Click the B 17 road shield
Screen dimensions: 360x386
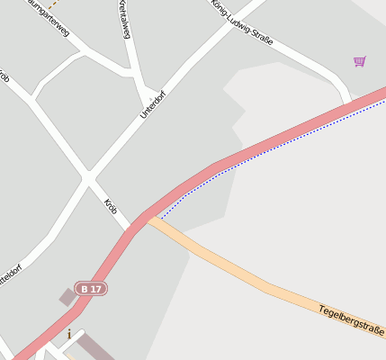tap(92, 288)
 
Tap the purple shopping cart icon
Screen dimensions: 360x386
tap(360, 61)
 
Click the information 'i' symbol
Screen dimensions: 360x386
tap(68, 335)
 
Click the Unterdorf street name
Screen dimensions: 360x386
tap(153, 104)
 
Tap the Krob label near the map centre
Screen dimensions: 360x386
tap(111, 206)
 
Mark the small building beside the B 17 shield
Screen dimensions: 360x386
tap(67, 296)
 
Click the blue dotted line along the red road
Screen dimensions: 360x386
tap(270, 148)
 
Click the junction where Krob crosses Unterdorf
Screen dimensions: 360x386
tap(87, 176)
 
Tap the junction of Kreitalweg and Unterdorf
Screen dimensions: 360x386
tap(148, 94)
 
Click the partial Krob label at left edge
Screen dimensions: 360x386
tap(4, 78)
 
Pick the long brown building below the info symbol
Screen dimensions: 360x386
tap(95, 349)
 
